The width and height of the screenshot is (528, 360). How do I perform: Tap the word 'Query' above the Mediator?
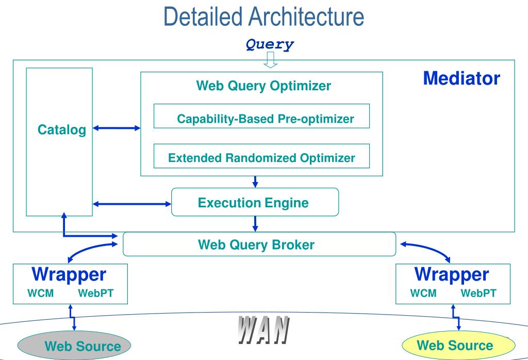pyautogui.click(x=270, y=44)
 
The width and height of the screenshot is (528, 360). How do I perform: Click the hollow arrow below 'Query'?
pyautogui.click(x=270, y=60)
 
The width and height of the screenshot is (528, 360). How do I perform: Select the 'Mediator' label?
pyautogui.click(x=461, y=78)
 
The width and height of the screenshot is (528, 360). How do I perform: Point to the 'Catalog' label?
pyautogui.click(x=62, y=130)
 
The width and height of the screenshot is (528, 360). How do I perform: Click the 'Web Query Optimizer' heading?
pyautogui.click(x=263, y=86)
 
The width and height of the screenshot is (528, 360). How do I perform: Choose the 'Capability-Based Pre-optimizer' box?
pyautogui.click(x=261, y=116)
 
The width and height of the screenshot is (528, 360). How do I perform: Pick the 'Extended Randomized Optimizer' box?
pyautogui.click(x=261, y=156)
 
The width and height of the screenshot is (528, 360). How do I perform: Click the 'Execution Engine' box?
pyautogui.click(x=255, y=202)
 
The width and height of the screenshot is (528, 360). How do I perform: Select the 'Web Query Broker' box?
pyautogui.click(x=259, y=244)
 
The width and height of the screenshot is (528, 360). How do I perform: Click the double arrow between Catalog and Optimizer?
pyautogui.click(x=117, y=128)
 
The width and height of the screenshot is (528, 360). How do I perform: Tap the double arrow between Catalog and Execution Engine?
pyautogui.click(x=132, y=204)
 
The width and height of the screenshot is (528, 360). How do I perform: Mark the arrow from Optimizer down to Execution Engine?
pyautogui.click(x=255, y=182)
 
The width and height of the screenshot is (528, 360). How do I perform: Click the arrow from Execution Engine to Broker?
pyautogui.click(x=255, y=224)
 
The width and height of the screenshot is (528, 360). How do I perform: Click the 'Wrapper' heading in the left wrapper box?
pyautogui.click(x=69, y=274)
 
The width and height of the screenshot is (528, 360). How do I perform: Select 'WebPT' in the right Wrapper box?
pyautogui.click(x=478, y=293)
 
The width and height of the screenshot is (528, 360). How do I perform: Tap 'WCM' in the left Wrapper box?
pyautogui.click(x=40, y=293)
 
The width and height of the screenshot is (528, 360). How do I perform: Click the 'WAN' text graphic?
pyautogui.click(x=263, y=330)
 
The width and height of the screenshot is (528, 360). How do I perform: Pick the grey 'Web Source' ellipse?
pyautogui.click(x=74, y=346)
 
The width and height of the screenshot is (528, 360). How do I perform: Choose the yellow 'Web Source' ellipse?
pyautogui.click(x=458, y=345)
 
